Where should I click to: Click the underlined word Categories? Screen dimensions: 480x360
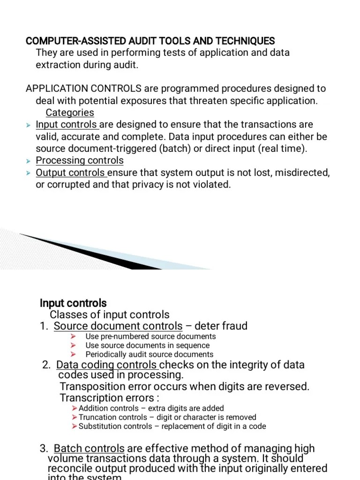click(x=70, y=112)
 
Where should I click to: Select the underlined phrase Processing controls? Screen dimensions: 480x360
click(x=80, y=160)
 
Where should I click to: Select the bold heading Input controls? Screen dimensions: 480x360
click(x=73, y=303)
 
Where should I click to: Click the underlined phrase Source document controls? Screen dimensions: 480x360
click(x=118, y=326)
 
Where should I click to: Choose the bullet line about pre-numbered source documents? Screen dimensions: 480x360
click(x=150, y=337)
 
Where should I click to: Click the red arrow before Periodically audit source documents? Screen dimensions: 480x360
click(x=73, y=354)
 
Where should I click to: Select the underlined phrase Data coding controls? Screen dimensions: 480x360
click(x=107, y=365)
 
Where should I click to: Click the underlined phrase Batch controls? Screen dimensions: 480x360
click(x=89, y=449)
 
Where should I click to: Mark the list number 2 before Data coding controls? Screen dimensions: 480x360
click(x=46, y=365)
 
